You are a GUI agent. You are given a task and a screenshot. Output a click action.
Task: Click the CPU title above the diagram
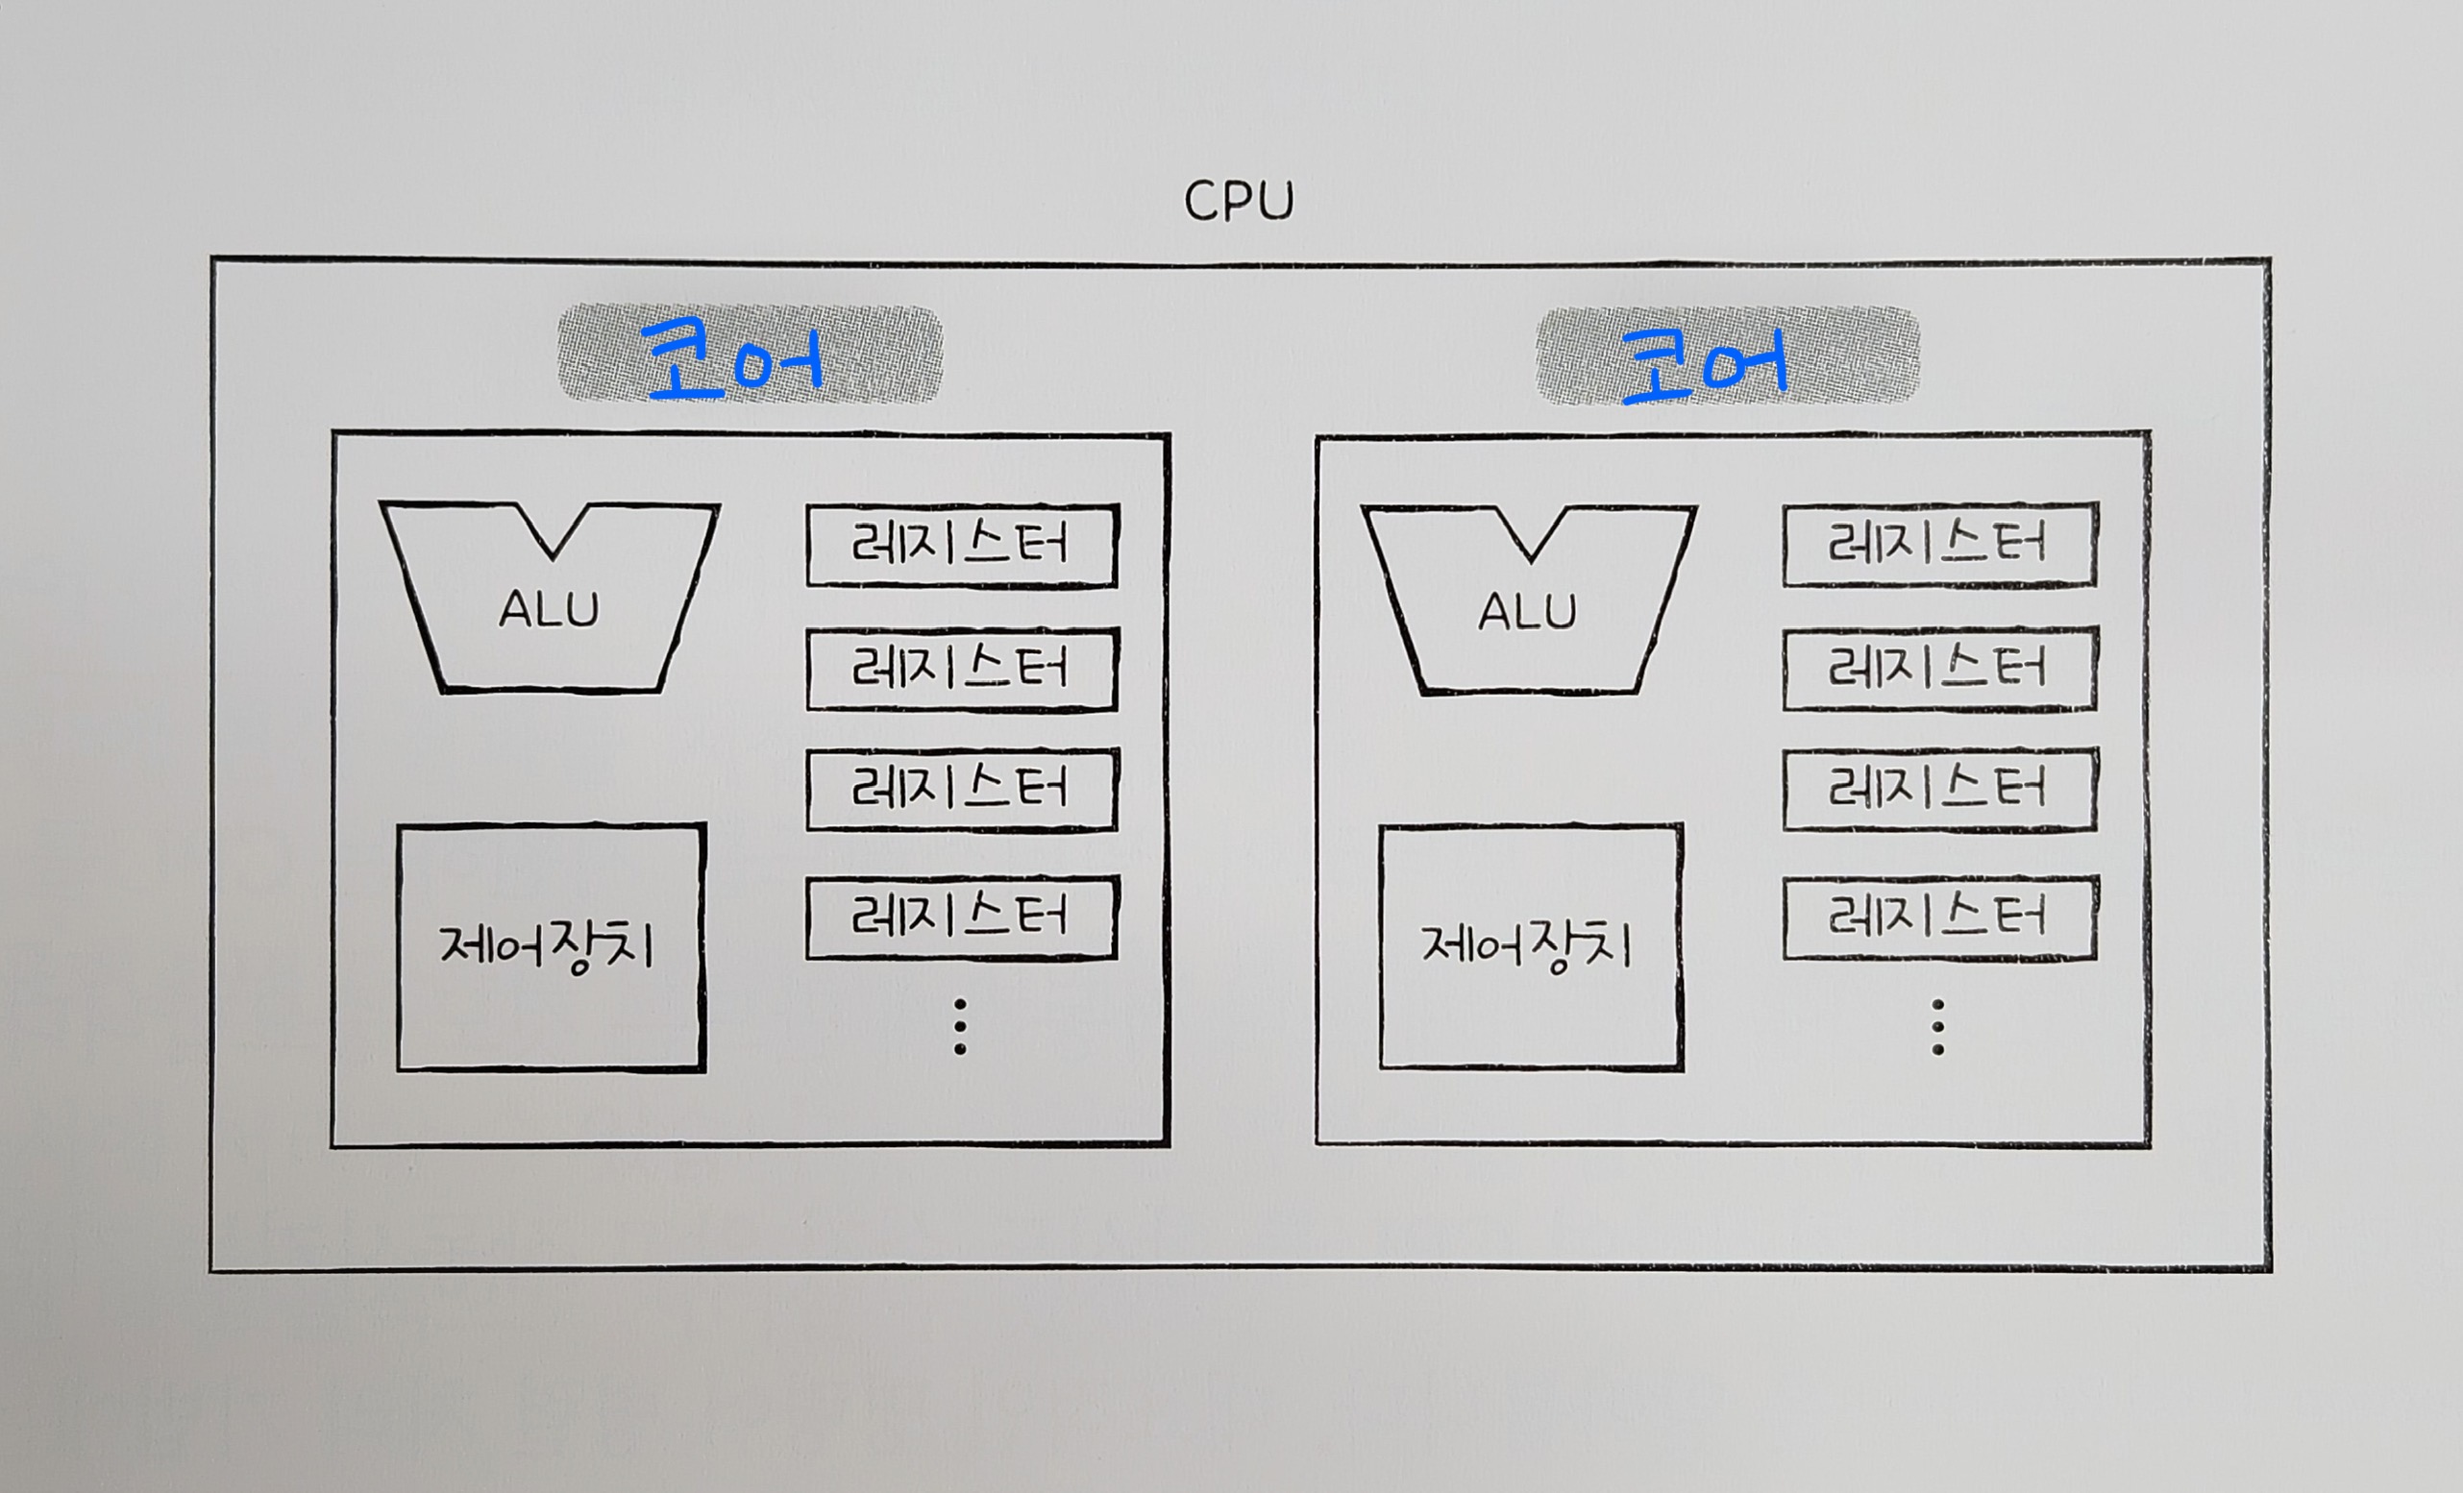[1239, 201]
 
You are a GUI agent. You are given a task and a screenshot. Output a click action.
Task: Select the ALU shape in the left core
[549, 620]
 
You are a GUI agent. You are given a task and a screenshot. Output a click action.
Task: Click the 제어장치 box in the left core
[552, 946]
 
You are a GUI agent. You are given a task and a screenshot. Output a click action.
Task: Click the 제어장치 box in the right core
[1531, 945]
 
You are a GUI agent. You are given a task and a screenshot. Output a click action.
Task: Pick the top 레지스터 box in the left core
[962, 546]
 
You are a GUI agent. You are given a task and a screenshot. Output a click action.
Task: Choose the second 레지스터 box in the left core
[962, 669]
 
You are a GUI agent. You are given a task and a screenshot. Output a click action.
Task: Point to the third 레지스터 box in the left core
[962, 790]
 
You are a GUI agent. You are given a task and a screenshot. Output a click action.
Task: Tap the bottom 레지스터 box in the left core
[962, 918]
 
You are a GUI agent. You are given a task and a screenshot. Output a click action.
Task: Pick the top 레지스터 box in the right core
[1939, 545]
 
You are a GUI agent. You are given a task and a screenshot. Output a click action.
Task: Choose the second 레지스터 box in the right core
[1939, 668]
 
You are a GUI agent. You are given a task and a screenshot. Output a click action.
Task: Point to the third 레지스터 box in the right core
[1939, 790]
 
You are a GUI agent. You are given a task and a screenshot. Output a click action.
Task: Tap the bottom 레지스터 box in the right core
[1939, 918]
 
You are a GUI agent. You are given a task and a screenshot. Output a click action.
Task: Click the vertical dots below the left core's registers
[960, 1026]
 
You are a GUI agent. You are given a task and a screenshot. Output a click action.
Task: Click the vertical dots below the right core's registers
[1937, 1026]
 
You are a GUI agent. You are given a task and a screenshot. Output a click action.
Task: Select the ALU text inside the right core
[1527, 611]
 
